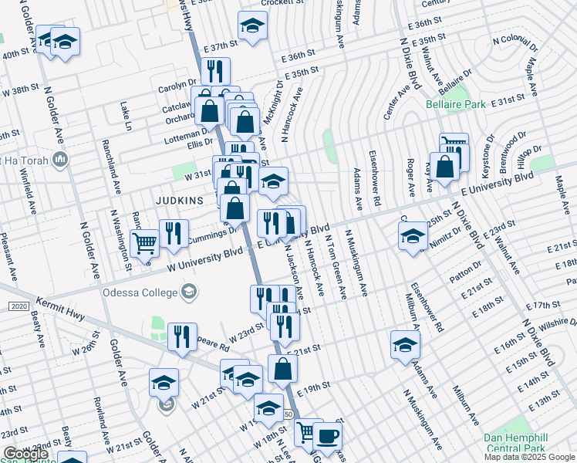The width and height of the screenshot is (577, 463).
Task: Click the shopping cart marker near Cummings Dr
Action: [144, 244]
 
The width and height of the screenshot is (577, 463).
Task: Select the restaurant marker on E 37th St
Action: [215, 72]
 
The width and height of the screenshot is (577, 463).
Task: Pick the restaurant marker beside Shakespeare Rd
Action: [182, 336]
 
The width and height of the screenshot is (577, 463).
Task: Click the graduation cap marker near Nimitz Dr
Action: [413, 236]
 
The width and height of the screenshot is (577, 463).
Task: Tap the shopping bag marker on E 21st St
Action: [283, 368]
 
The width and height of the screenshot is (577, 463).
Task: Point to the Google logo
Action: [25, 454]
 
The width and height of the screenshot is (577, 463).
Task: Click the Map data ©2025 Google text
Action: [528, 457]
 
